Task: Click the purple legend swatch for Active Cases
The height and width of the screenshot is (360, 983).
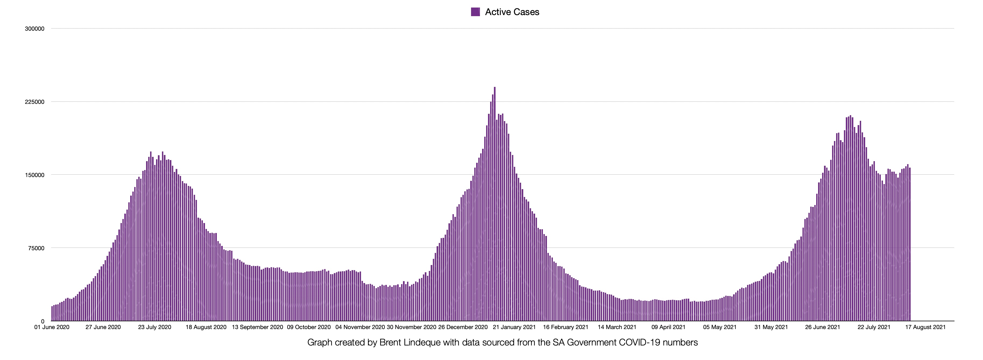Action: (x=475, y=12)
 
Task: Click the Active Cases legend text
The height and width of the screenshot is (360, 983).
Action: (x=512, y=12)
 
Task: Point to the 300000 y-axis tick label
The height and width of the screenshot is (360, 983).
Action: (x=35, y=29)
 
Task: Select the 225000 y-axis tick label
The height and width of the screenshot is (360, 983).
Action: (x=35, y=102)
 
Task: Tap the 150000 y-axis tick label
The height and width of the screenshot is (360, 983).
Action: (x=35, y=175)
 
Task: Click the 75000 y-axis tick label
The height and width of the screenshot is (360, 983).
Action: (x=36, y=248)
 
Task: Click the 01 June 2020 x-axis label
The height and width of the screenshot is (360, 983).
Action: (x=52, y=327)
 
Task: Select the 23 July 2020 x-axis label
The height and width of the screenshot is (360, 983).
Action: (x=154, y=327)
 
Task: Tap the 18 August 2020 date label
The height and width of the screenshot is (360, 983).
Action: (x=206, y=327)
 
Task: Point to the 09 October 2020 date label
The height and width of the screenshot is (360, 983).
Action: (x=309, y=327)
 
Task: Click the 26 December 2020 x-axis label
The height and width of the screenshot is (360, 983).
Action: (x=463, y=327)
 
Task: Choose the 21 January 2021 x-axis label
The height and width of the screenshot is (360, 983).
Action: (x=514, y=327)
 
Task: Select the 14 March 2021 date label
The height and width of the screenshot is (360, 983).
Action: (x=617, y=327)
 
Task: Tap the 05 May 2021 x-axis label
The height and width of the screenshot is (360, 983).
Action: (x=720, y=327)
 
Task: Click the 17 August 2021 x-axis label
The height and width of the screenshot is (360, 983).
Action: (x=925, y=327)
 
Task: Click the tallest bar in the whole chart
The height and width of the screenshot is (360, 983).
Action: (x=494, y=204)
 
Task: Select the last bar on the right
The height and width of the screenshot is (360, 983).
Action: (x=910, y=244)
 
